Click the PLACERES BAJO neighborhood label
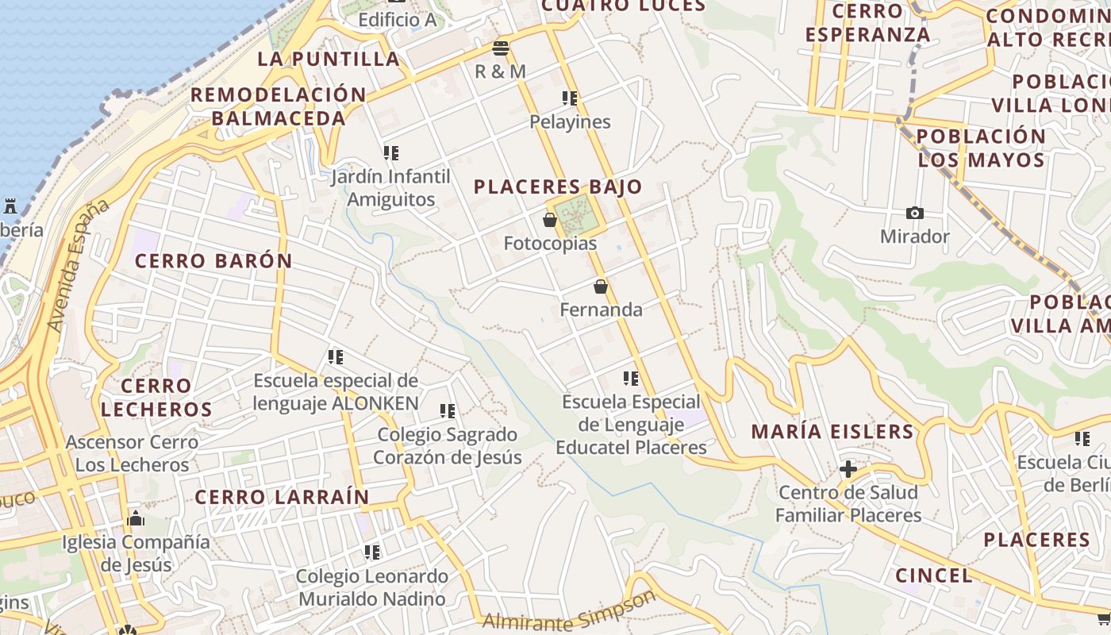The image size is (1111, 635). click(x=557, y=187)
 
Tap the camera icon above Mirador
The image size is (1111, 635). click(x=915, y=213)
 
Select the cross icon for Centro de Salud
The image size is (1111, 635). click(x=848, y=469)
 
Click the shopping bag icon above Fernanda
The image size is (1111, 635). click(x=601, y=287)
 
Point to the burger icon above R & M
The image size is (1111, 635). click(x=500, y=48)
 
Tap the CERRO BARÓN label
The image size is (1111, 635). click(x=213, y=261)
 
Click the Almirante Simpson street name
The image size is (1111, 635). click(x=570, y=612)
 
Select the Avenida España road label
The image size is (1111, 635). click(x=78, y=265)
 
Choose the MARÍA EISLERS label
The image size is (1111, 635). click(x=832, y=432)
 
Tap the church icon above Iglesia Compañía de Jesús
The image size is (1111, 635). click(x=136, y=520)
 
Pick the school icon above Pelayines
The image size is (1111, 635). click(x=570, y=98)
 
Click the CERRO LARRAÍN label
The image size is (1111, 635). click(x=282, y=498)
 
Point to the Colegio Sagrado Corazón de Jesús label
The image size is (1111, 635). click(x=448, y=446)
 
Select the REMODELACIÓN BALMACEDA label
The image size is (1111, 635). click(x=279, y=106)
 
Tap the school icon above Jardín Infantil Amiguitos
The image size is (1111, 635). click(x=391, y=152)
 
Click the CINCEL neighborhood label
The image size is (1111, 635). click(x=933, y=575)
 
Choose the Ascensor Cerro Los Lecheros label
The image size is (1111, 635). click(x=132, y=453)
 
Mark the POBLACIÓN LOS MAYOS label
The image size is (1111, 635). click(x=982, y=148)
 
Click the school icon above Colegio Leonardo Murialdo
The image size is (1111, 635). click(x=372, y=552)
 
